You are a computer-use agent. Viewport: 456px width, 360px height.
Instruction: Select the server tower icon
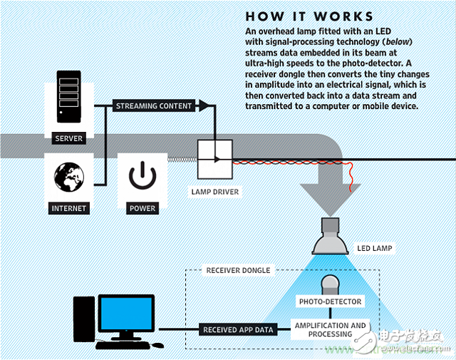[x=69, y=99]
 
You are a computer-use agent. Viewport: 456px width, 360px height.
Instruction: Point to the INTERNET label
[x=69, y=208]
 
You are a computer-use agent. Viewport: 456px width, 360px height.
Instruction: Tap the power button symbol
[x=142, y=175]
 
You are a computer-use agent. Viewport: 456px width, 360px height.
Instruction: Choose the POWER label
[x=142, y=208]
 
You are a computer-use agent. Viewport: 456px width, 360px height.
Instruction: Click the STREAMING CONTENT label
[x=154, y=106]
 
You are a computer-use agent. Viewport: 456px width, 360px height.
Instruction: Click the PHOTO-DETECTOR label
[x=330, y=302]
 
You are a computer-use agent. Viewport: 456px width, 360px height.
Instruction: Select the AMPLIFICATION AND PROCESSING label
[x=331, y=329]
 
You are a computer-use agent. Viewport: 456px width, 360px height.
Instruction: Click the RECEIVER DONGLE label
[x=238, y=271]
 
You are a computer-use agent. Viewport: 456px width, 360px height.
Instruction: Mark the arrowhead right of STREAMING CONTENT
[x=204, y=106]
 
